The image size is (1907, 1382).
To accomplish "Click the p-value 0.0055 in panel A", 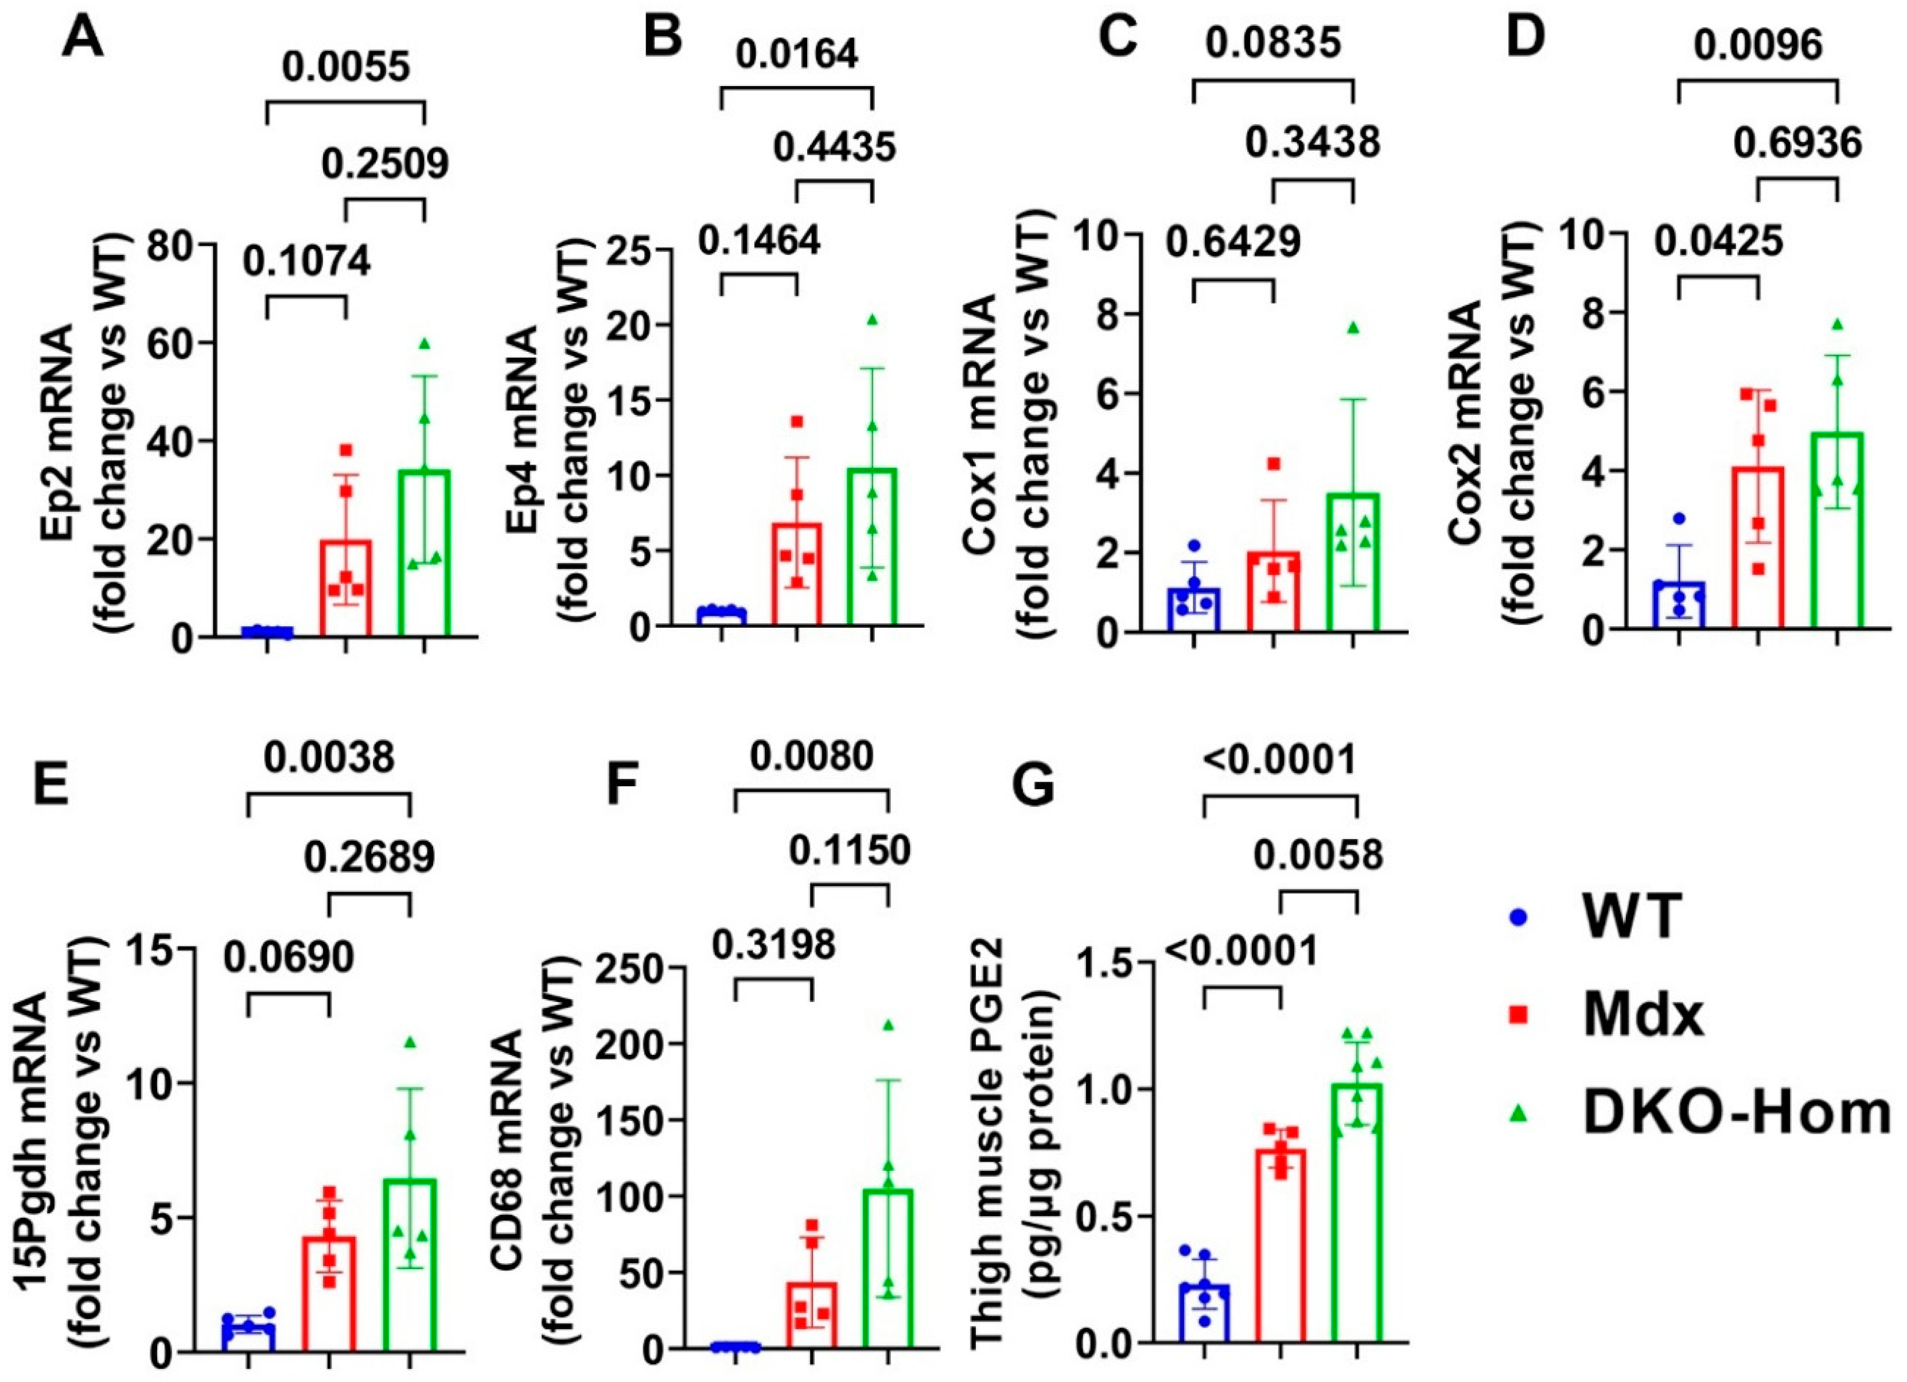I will tap(345, 67).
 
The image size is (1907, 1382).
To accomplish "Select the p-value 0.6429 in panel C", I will tap(1233, 242).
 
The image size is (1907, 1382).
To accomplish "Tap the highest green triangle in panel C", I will tap(1353, 328).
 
